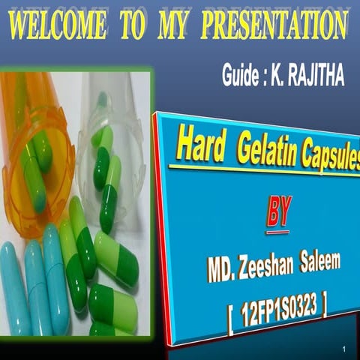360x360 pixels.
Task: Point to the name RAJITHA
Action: pos(315,76)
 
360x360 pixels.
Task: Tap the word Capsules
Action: pos(329,156)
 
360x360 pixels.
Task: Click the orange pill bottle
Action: pos(34,150)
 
